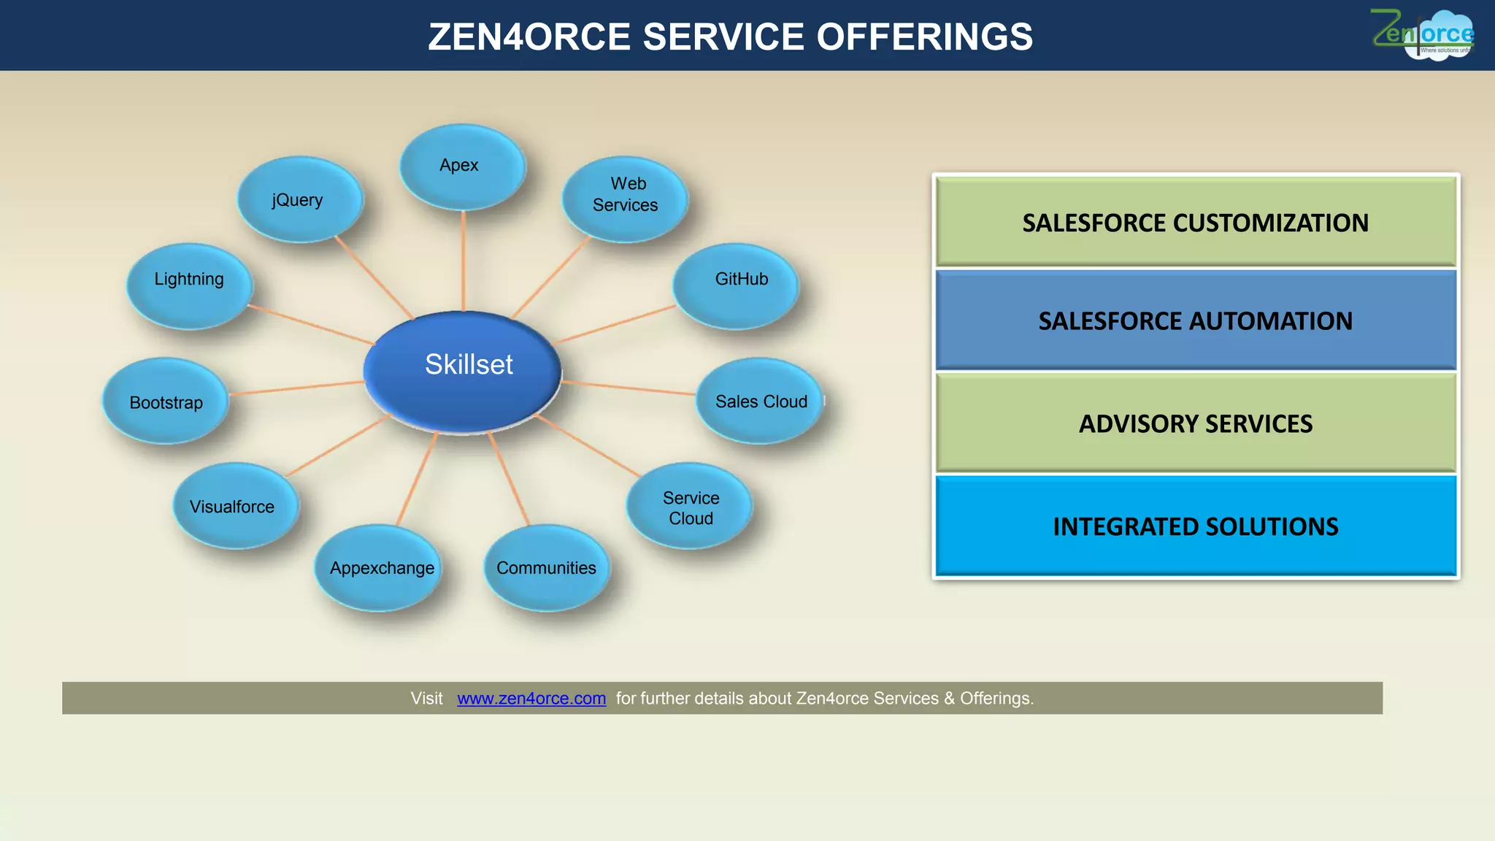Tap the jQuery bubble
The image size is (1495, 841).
(x=299, y=199)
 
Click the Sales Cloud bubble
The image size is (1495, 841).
(x=759, y=401)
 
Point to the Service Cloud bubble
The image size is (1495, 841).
(x=689, y=506)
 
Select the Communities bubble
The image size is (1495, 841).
(x=546, y=568)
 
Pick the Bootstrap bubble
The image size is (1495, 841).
(x=165, y=401)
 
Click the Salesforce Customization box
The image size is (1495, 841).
(x=1195, y=222)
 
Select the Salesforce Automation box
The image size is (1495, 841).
(x=1195, y=320)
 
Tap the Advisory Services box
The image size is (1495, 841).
(x=1195, y=423)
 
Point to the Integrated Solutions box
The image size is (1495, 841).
(x=1195, y=526)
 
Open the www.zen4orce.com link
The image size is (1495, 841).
(x=531, y=699)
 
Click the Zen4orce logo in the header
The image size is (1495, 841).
(x=1423, y=35)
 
